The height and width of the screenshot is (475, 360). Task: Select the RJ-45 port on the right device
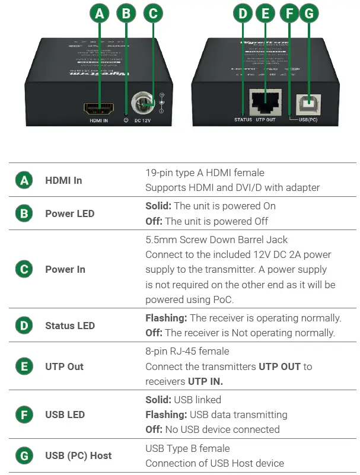tap(265, 104)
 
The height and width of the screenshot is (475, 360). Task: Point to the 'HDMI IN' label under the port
tap(98, 121)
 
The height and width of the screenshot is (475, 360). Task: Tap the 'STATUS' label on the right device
tap(243, 120)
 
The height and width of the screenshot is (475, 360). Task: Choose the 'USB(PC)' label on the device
tap(308, 120)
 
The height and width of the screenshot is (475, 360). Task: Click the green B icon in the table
tap(24, 213)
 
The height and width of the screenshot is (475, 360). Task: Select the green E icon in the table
tap(24, 366)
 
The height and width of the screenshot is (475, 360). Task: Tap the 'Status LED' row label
tap(70, 326)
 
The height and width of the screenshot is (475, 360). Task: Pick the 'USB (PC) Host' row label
tap(78, 455)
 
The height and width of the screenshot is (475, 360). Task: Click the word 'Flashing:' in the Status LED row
tap(166, 318)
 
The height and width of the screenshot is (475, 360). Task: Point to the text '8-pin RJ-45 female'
tap(187, 351)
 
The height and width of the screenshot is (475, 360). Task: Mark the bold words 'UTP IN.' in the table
tap(205, 381)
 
